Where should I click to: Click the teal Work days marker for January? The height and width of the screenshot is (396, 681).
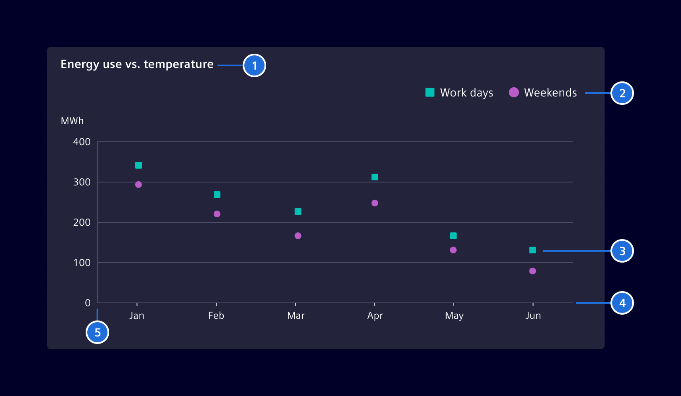coord(139,165)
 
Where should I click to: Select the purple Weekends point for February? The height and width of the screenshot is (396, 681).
coord(217,214)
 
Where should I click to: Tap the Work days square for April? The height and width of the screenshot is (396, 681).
coord(375,177)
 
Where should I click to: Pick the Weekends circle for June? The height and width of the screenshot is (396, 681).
coord(532,271)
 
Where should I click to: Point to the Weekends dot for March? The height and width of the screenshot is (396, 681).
coord(298,236)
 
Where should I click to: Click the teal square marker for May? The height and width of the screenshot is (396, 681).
coord(453,236)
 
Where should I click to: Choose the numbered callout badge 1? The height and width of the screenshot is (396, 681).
coord(254,66)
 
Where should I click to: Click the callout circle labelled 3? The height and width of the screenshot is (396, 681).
coord(622,251)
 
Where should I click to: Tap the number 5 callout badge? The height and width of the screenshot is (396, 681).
coord(97,332)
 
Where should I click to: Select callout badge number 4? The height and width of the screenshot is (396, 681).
coord(622,303)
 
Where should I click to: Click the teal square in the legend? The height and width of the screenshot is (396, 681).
coord(430,92)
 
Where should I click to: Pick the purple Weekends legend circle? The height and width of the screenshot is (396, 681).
coord(514,92)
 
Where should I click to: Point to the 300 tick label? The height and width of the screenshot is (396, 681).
coord(82,182)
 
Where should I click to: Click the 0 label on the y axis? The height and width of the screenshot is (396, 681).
coord(88,303)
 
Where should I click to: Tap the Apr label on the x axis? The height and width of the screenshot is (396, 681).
coord(375,315)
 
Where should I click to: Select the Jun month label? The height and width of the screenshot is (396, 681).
coord(533,315)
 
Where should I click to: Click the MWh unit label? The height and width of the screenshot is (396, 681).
coord(72,121)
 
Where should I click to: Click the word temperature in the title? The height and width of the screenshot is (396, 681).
coord(178,64)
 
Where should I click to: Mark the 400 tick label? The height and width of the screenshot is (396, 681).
coord(82,142)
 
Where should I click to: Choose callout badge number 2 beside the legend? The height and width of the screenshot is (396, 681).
coord(622,93)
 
